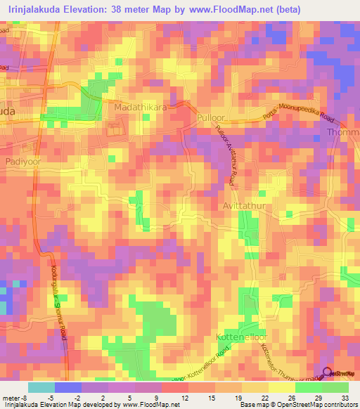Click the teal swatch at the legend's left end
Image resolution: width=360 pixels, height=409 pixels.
[41, 387]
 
